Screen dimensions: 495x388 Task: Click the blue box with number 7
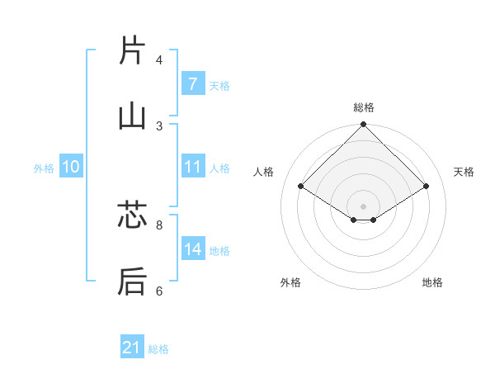tap(192, 83)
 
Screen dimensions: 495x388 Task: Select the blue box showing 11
tap(192, 166)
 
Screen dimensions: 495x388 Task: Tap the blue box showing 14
tap(192, 248)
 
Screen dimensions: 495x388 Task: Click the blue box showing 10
tap(71, 167)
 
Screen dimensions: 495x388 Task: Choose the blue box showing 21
tap(132, 348)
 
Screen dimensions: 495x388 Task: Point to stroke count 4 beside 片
tap(159, 60)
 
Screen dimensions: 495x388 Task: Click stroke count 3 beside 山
tap(159, 125)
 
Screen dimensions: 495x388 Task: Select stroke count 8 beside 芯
tap(159, 225)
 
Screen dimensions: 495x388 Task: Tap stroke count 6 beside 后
tap(159, 291)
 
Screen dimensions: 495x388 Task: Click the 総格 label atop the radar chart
tap(363, 107)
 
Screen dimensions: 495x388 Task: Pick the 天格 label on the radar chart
tap(464, 172)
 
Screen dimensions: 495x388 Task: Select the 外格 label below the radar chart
tap(290, 282)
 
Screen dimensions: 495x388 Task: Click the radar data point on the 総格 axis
tap(363, 125)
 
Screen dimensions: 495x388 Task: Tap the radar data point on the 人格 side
tap(301, 186)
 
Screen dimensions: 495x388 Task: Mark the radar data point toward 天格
tap(426, 186)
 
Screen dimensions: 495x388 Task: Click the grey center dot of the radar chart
tap(363, 206)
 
